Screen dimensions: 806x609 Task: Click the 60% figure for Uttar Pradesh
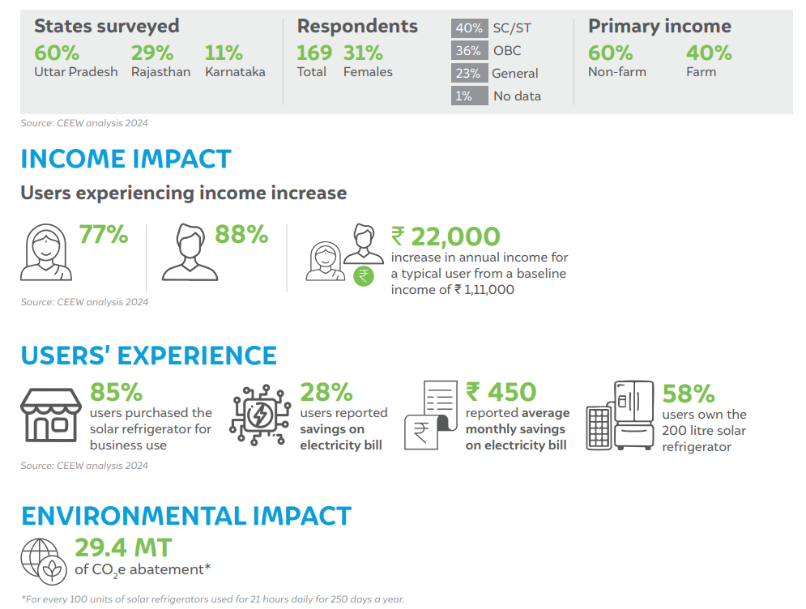coord(57,53)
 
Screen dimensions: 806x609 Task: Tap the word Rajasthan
coord(161,72)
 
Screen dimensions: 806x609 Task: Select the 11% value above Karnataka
coord(224,53)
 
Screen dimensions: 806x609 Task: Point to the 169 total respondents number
coord(314,53)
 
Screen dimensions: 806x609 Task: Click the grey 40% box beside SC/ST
coord(469,28)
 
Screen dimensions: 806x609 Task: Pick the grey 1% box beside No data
coord(469,96)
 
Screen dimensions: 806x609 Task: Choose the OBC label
coord(507,51)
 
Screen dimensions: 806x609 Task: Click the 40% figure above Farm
coord(709,53)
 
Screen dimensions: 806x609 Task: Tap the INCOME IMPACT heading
coord(126,159)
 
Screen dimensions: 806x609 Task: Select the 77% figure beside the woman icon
coord(104,235)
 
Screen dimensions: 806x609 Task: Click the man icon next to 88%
coord(190,252)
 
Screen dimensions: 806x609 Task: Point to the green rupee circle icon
coord(364,276)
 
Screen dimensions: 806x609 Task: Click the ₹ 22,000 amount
coord(446,237)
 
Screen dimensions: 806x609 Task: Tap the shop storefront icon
coord(51,415)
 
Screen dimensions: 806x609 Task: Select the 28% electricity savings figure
coord(326,392)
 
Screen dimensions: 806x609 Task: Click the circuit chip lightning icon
coord(260,414)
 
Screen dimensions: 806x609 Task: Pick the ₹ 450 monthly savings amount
coord(501,392)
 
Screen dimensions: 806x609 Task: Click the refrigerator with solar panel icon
coord(620,415)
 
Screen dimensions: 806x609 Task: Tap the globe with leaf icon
coord(44,561)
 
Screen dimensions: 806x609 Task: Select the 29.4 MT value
coord(123,547)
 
